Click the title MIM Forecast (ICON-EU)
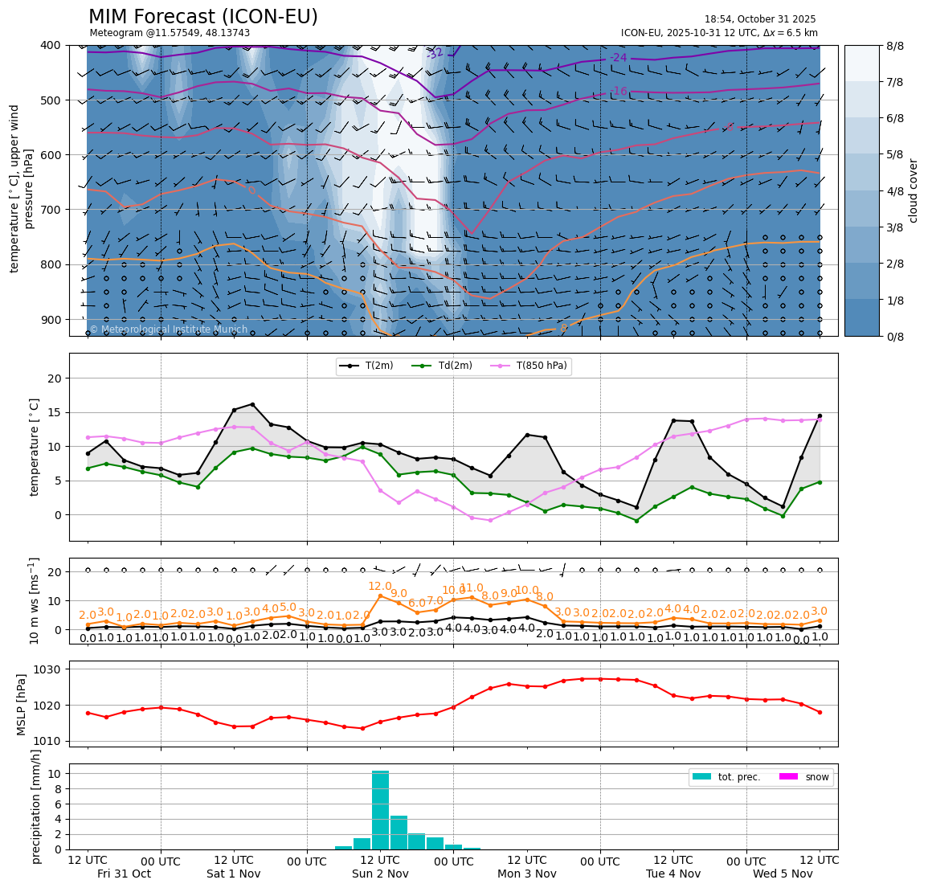(x=203, y=17)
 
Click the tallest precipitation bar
(x=380, y=809)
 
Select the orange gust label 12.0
(x=379, y=587)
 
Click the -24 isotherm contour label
(x=618, y=57)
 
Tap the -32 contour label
(x=435, y=54)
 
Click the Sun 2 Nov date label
(x=380, y=874)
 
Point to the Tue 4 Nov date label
(x=673, y=874)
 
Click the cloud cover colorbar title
(x=913, y=190)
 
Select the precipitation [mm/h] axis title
(x=36, y=806)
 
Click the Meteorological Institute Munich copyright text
(x=168, y=329)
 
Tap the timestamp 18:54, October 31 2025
(x=759, y=19)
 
